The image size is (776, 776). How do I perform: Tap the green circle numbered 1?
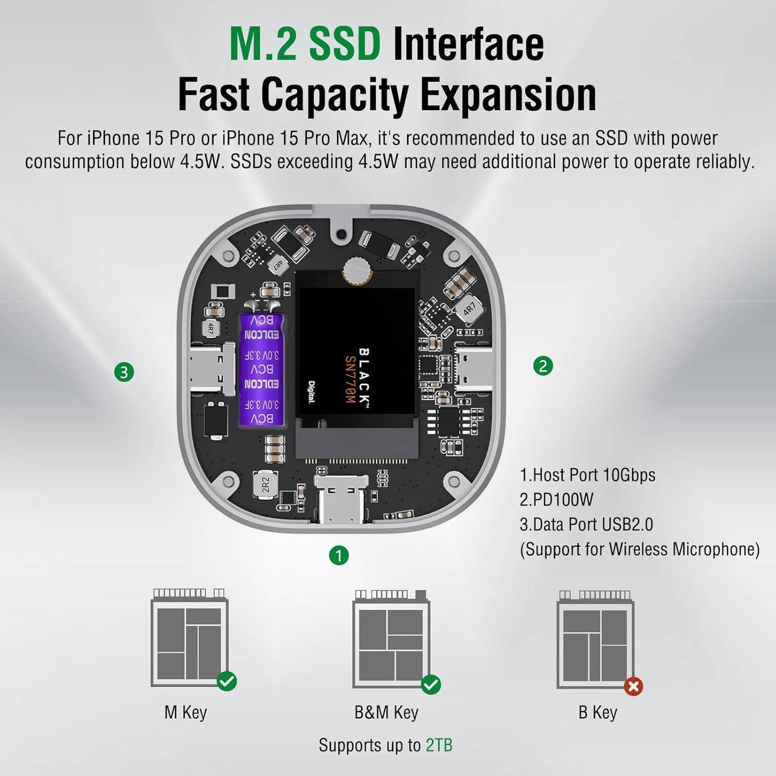pos(339,556)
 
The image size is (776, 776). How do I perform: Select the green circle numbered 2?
pos(543,366)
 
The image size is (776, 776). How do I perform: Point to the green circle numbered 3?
pos(124,372)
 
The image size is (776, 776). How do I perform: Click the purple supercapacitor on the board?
pos(262,369)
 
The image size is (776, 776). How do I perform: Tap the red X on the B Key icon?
pos(633,687)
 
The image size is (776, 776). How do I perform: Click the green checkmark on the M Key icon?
pos(227,681)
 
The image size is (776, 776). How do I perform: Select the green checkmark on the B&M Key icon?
pos(430,684)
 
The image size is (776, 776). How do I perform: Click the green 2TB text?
pos(439,745)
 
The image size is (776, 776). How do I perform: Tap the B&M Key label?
pos(386,712)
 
